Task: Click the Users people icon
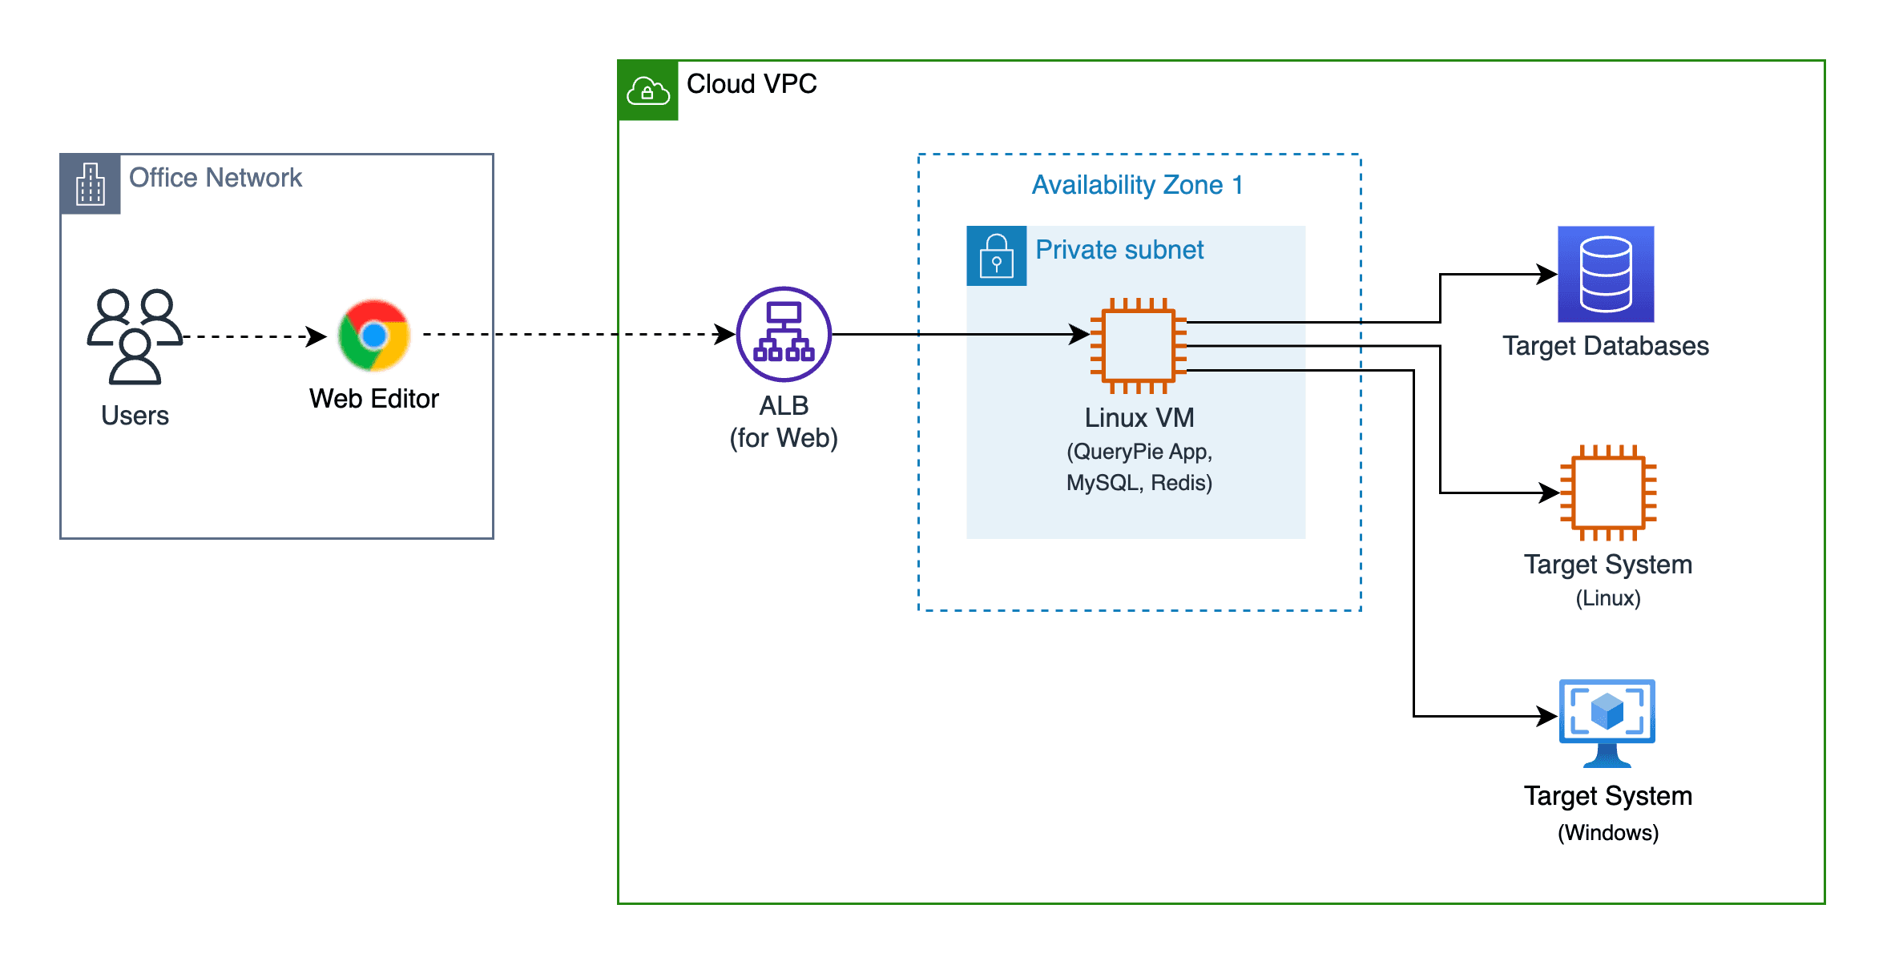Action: tap(135, 336)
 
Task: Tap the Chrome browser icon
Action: tap(374, 336)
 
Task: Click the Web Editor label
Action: tap(374, 399)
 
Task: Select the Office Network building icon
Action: tap(91, 184)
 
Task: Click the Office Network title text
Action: tap(216, 178)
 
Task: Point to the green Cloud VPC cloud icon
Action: tap(648, 90)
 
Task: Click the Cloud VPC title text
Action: tap(752, 84)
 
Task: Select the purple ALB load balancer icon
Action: tap(784, 334)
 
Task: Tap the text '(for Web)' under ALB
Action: tap(784, 438)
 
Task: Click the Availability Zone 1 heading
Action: tap(1137, 185)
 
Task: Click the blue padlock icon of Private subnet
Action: tap(996, 256)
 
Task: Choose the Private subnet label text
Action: tap(1119, 250)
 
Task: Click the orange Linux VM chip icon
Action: tap(1139, 346)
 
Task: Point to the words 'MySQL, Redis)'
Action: tap(1139, 483)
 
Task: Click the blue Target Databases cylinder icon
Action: tap(1606, 274)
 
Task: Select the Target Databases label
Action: tap(1606, 346)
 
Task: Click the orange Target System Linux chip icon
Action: tap(1608, 493)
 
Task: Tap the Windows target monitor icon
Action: tap(1607, 721)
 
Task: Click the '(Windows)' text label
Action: tap(1608, 833)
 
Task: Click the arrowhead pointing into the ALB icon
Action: tap(726, 334)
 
